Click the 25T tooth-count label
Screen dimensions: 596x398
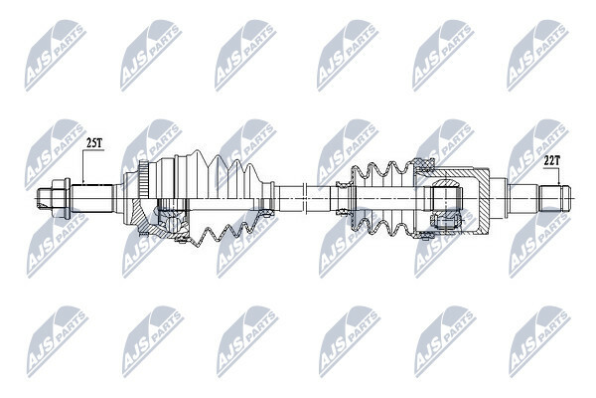point(94,143)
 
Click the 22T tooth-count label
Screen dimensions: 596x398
point(551,161)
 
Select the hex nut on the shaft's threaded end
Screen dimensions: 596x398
point(61,198)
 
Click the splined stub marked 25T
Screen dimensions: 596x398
point(92,198)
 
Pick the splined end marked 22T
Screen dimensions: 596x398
point(555,198)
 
